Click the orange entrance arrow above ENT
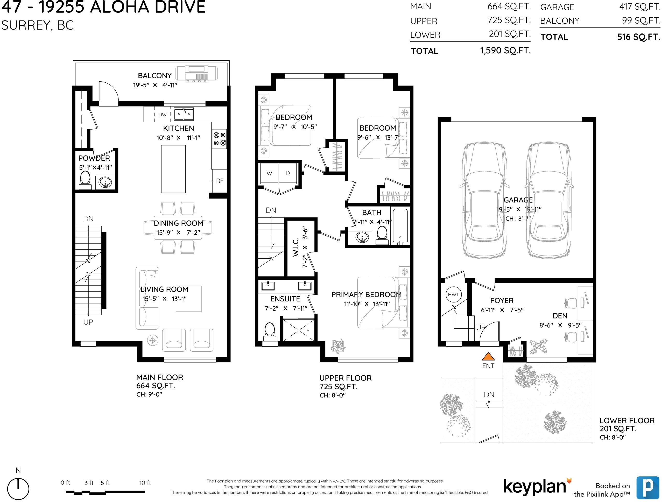coord(488,356)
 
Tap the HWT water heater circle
coord(453,294)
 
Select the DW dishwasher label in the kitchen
coord(163,115)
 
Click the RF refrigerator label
coord(220,181)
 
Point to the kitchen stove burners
coord(219,139)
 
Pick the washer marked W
coord(269,173)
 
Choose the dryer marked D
coord(288,173)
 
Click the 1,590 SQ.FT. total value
coord(505,50)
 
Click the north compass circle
coord(18,489)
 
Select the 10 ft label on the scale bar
coord(145,483)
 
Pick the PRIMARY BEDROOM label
coord(366,295)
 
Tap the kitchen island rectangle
coord(173,169)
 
